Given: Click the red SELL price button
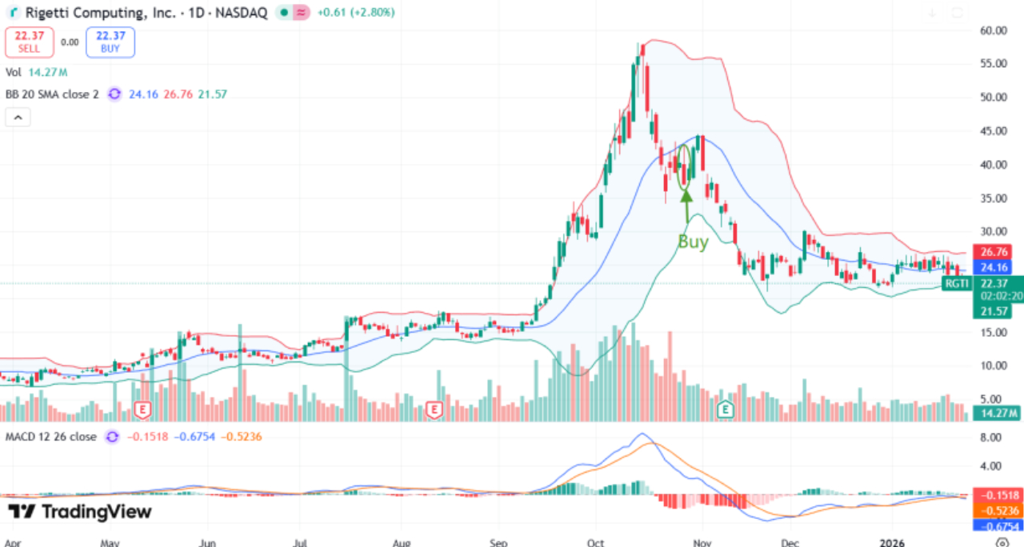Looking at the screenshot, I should (30, 42).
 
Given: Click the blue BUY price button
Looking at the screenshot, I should (110, 42).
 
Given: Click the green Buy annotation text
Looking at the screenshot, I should (693, 242).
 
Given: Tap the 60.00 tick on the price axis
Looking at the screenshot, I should (994, 30).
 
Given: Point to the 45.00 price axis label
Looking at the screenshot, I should (994, 131).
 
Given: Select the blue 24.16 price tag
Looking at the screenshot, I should (994, 267).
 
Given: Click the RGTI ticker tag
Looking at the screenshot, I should (956, 283).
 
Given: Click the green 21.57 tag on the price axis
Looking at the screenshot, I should (994, 312).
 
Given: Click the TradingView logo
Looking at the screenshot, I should (79, 512).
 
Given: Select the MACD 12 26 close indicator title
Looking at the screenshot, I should (51, 437).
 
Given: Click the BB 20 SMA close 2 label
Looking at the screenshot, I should (51, 94).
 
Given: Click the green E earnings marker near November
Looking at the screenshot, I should (726, 409).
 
